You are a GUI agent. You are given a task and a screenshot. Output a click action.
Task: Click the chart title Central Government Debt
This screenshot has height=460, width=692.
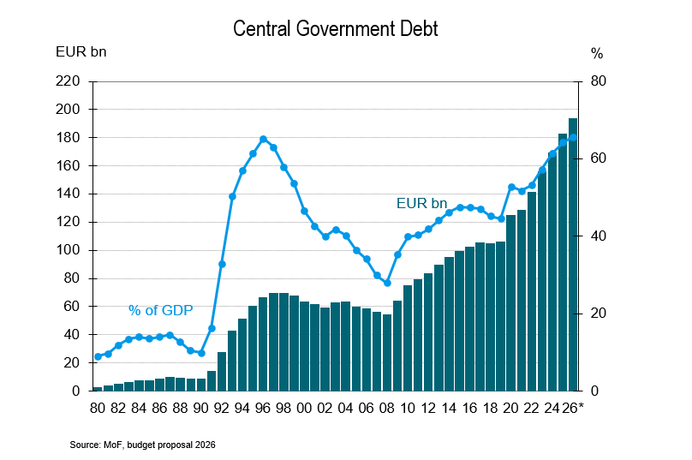pyautogui.click(x=337, y=29)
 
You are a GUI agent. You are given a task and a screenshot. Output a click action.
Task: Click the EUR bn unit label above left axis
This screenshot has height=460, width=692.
pyautogui.click(x=81, y=53)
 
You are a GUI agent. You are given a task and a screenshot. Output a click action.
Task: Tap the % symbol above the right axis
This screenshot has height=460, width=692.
pyautogui.click(x=597, y=53)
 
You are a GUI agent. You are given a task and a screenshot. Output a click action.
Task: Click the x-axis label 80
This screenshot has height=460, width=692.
pyautogui.click(x=98, y=408)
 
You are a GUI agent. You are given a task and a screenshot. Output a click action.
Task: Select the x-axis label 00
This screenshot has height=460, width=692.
pyautogui.click(x=304, y=408)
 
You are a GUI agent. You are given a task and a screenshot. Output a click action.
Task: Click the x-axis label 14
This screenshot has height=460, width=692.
pyautogui.click(x=449, y=408)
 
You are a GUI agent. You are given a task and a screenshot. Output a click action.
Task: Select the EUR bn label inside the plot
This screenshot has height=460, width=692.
pyautogui.click(x=421, y=203)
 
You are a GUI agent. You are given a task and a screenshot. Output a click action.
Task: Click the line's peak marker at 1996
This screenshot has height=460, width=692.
pyautogui.click(x=263, y=139)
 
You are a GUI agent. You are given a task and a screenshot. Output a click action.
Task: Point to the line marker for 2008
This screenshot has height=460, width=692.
pyautogui.click(x=387, y=283)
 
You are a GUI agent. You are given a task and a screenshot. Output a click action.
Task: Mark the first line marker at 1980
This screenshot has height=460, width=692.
pyautogui.click(x=98, y=356)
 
